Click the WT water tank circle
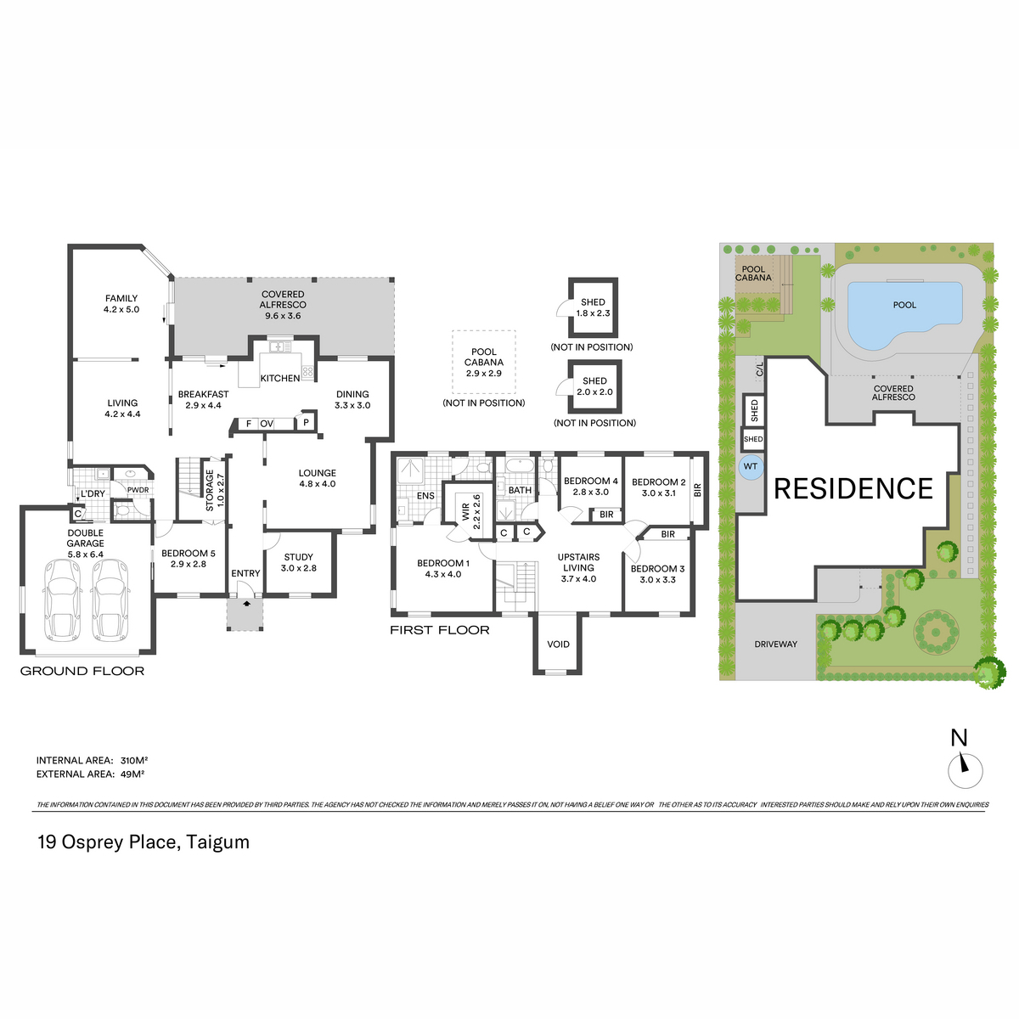tap(750, 466)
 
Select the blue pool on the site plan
tap(904, 314)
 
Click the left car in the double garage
tap(62, 600)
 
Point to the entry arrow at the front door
tap(246, 604)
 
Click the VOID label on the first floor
tap(558, 644)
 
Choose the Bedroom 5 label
tap(189, 559)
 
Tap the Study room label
tap(298, 562)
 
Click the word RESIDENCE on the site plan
tap(853, 488)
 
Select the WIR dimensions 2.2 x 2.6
tap(477, 512)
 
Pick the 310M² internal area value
tap(134, 760)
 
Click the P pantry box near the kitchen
tap(306, 423)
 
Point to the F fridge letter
tap(249, 424)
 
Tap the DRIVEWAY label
tap(775, 644)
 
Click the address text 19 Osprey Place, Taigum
tap(144, 842)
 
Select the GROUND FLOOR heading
tap(82, 671)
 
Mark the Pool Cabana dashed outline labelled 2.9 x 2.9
tap(483, 363)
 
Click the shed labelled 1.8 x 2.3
tap(593, 307)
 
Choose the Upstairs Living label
tap(578, 567)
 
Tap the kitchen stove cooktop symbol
tap(307, 371)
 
